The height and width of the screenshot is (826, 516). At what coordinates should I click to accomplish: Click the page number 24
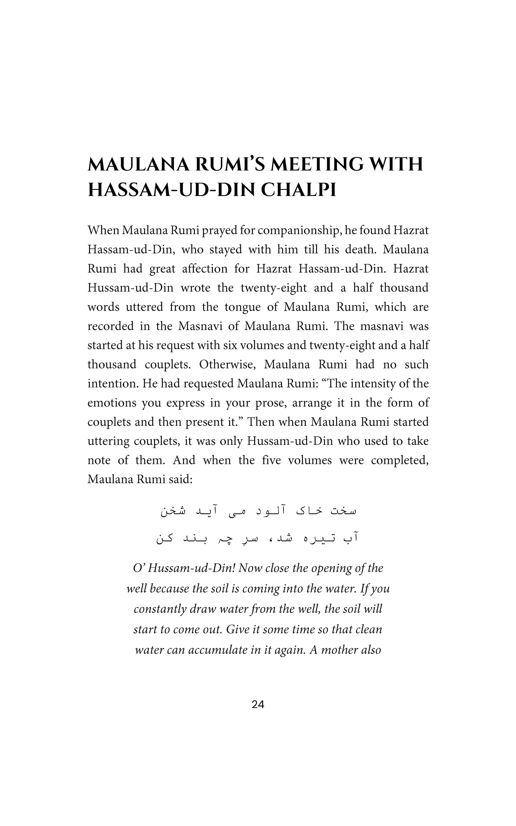(258, 705)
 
